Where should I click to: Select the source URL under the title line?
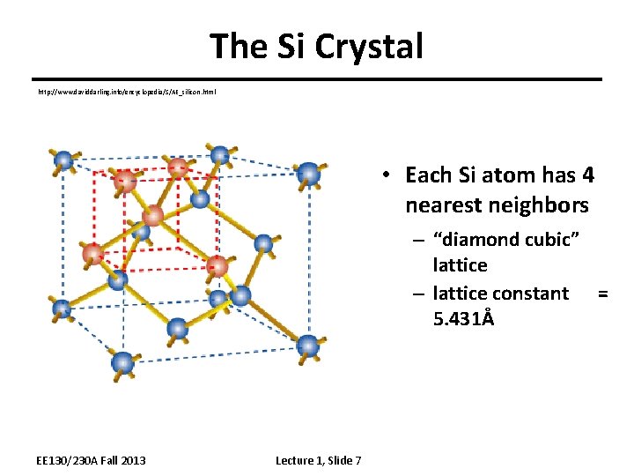pos(126,92)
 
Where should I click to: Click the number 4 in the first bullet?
pos(587,175)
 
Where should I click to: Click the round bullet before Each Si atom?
pos(386,175)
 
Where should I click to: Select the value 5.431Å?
pos(464,317)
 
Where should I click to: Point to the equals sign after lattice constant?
pos(602,293)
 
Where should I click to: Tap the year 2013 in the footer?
pos(132,460)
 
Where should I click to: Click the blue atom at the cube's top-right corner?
pos(308,173)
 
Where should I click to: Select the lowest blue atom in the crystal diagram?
pos(124,361)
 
